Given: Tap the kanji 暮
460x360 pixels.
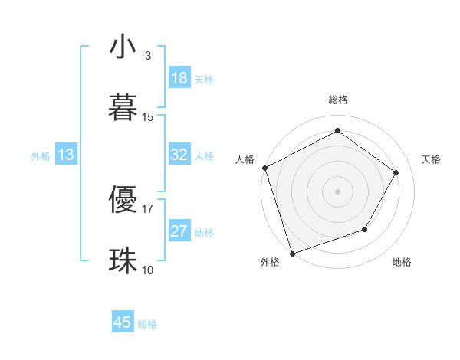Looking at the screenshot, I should click(x=123, y=107).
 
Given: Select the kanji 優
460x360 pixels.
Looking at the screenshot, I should click(x=123, y=198).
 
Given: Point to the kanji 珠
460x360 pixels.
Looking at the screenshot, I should click(x=123, y=259).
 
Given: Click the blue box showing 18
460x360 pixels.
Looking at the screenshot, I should click(x=179, y=78).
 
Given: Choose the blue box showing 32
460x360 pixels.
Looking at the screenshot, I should click(x=179, y=155).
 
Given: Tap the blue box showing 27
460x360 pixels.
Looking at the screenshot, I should click(x=179, y=231).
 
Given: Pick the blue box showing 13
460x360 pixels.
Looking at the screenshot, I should click(x=66, y=155).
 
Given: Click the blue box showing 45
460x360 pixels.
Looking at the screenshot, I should click(x=123, y=322).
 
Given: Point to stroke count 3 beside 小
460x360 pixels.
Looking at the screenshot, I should click(x=147, y=56).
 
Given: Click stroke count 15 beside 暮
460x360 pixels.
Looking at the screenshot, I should click(x=148, y=116).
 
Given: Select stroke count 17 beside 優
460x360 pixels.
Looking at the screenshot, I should click(x=148, y=208).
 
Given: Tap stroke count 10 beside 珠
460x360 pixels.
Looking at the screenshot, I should click(x=148, y=269).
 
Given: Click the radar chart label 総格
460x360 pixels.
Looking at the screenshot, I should click(x=338, y=100).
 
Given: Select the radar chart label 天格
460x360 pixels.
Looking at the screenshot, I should click(x=431, y=159).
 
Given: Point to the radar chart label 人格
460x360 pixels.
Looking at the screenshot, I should click(x=245, y=159).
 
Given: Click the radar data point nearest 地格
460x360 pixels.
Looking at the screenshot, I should click(x=365, y=229).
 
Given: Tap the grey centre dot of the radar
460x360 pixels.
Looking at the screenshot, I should click(x=337, y=191).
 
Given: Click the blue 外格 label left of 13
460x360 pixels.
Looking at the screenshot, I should click(x=41, y=155).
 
